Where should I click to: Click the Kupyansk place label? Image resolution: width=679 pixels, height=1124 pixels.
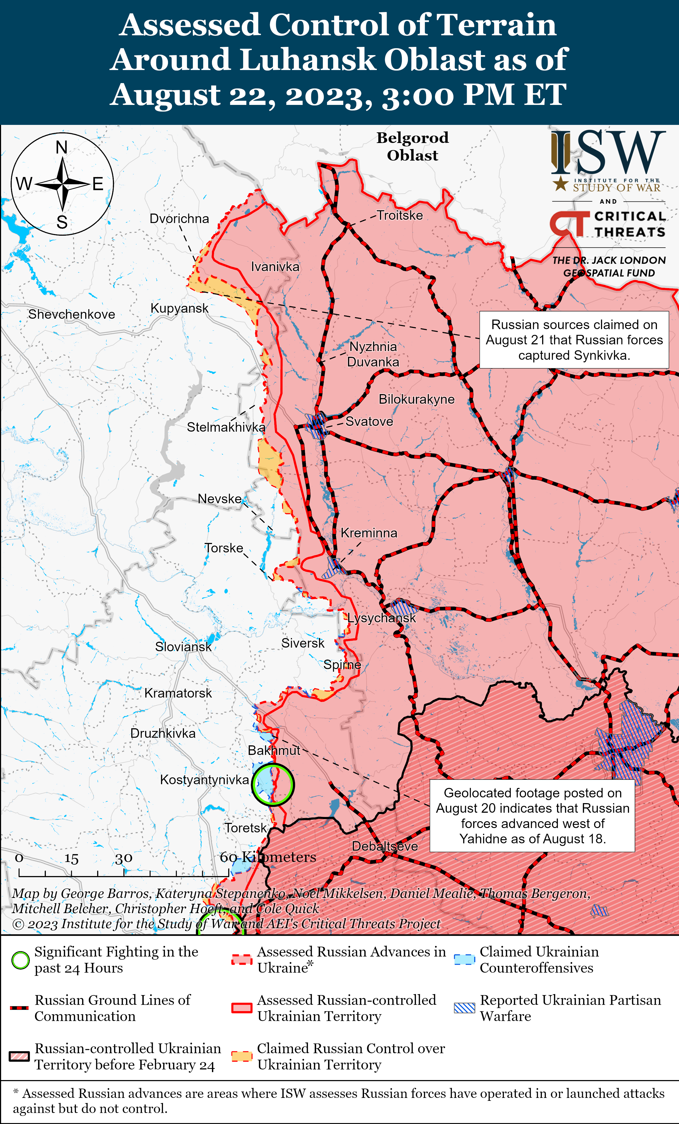coord(179,308)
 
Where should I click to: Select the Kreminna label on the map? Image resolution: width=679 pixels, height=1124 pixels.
coord(369,533)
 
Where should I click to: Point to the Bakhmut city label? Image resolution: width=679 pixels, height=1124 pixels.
coord(274,750)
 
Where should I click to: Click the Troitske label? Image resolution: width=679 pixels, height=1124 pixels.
coord(399,215)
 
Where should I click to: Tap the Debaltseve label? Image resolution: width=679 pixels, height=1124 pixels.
coord(385,846)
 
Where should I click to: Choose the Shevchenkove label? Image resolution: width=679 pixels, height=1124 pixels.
coord(72,314)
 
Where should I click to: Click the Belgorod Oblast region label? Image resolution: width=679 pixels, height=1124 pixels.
coord(412,146)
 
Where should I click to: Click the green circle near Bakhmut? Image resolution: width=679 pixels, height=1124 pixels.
coord(273,784)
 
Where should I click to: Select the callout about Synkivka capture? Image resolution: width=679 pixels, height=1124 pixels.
coord(574,340)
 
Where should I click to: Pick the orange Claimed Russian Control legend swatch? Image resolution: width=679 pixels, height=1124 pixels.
coord(242,1056)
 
